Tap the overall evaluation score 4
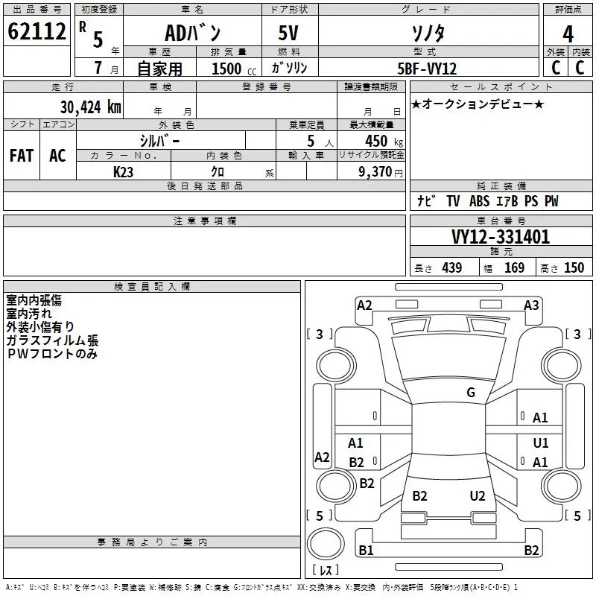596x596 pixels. click(x=568, y=34)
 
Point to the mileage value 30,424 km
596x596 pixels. click(x=90, y=107)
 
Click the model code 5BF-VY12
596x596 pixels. click(x=427, y=69)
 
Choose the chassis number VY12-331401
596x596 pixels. click(x=501, y=237)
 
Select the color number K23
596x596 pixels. click(x=124, y=171)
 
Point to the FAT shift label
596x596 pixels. click(x=21, y=156)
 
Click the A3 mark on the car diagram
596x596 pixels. click(x=531, y=305)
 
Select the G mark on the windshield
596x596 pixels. click(x=471, y=393)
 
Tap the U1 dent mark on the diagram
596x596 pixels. click(x=541, y=442)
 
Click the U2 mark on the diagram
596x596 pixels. click(x=478, y=496)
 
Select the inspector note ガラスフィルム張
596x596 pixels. click(x=52, y=340)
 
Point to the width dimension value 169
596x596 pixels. click(x=514, y=267)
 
